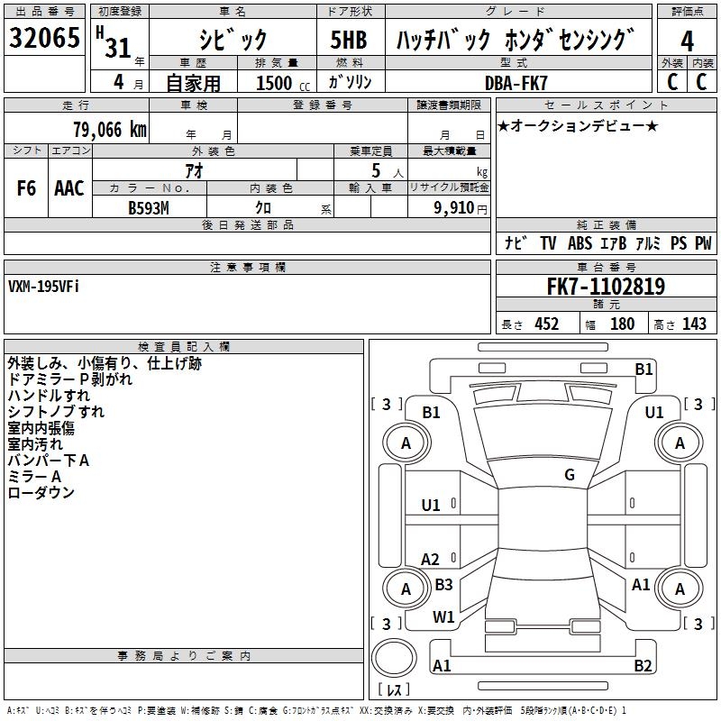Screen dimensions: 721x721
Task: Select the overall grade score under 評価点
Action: tap(687, 41)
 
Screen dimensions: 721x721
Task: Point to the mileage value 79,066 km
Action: tap(109, 129)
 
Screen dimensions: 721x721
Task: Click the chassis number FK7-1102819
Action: tap(606, 287)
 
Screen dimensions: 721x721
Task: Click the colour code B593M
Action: tap(149, 206)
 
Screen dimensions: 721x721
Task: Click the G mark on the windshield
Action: tap(570, 475)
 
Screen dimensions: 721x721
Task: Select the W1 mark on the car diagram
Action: tap(443, 617)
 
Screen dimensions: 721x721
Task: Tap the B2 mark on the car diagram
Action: tap(643, 666)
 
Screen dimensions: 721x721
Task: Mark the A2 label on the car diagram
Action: tap(431, 560)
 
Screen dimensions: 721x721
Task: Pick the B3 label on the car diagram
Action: tap(443, 584)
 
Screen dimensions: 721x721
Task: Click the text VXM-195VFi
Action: tap(43, 286)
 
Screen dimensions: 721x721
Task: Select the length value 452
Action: tap(546, 324)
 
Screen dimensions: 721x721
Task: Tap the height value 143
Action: tap(694, 324)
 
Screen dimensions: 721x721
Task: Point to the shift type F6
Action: tap(27, 188)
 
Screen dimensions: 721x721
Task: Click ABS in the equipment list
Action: tap(580, 243)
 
